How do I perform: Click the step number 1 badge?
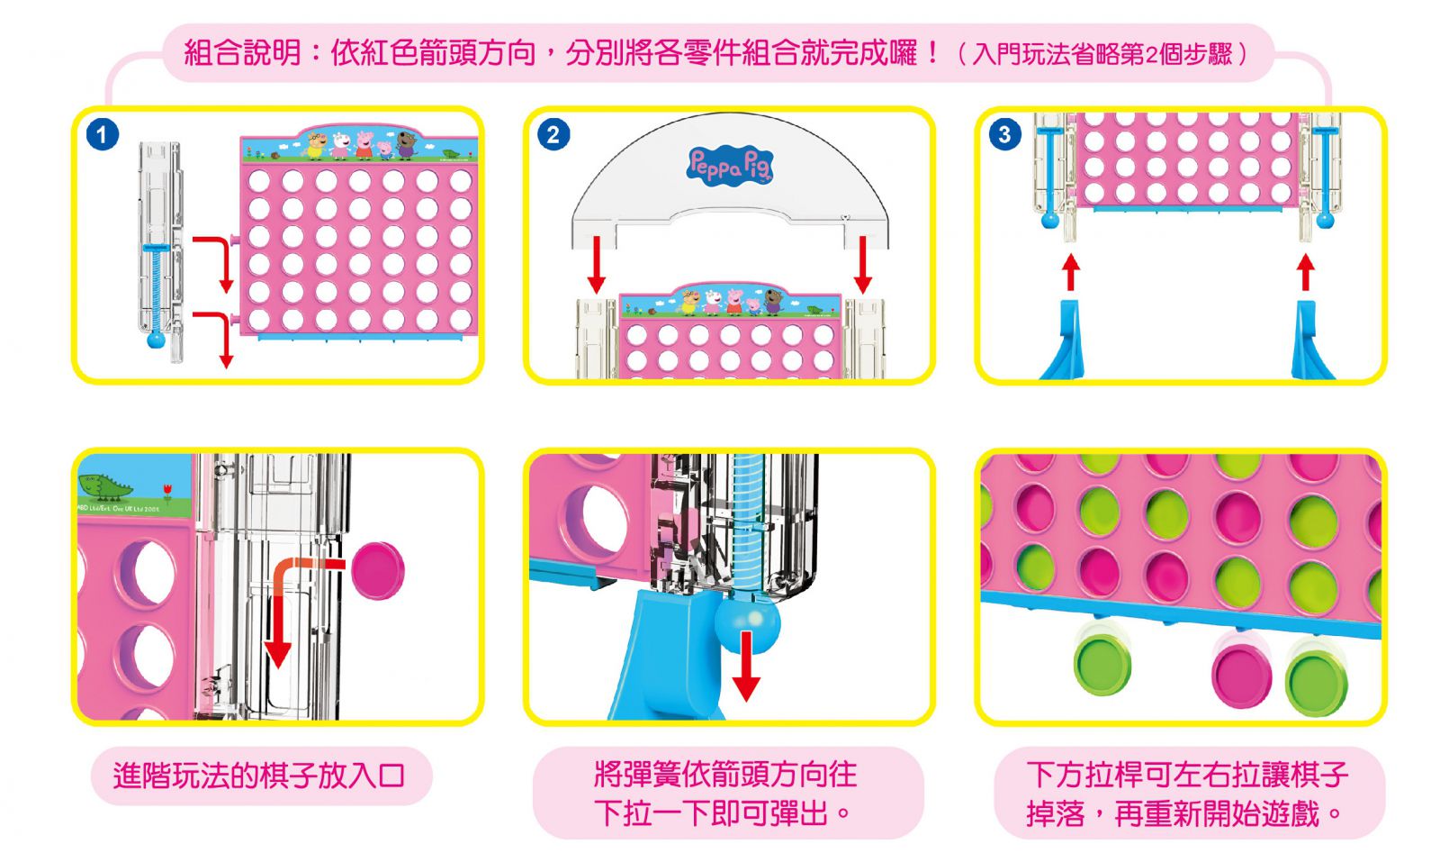click(x=103, y=135)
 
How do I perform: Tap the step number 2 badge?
click(x=553, y=135)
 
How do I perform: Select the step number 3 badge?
click(x=1004, y=135)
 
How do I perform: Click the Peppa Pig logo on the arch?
click(x=730, y=167)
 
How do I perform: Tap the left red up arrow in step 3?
click(x=1070, y=271)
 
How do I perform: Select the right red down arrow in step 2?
click(x=863, y=263)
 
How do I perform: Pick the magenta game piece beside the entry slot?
click(x=378, y=570)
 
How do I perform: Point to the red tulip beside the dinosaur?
click(x=167, y=492)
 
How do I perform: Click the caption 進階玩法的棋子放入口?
click(x=260, y=776)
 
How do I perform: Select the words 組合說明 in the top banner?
click(x=242, y=53)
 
